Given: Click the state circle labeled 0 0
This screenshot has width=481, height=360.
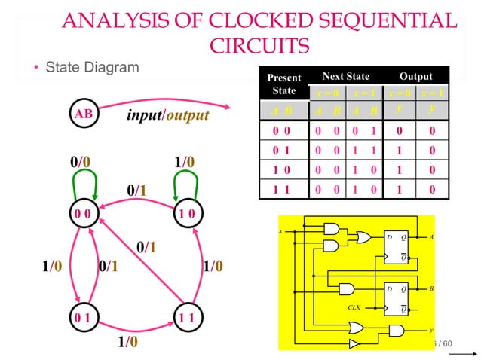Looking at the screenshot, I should pos(83,214).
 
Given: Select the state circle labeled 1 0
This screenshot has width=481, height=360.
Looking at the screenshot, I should pos(188,214).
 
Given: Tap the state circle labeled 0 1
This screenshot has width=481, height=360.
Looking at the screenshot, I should pos(83,317).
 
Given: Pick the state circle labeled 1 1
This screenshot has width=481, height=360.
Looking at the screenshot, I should pos(188,317).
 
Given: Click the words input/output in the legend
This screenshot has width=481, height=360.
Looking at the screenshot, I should pos(167,117).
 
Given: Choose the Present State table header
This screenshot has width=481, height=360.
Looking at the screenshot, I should pos(283,84).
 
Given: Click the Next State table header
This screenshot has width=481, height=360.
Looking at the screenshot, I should pos(345,76).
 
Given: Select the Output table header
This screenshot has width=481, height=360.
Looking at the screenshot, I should pos(416,76).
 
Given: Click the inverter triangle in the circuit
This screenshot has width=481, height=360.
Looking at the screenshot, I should pos(355,343).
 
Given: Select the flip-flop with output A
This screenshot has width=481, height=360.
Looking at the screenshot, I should pos(397,247).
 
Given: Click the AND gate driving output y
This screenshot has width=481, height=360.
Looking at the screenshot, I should pos(394,329).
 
